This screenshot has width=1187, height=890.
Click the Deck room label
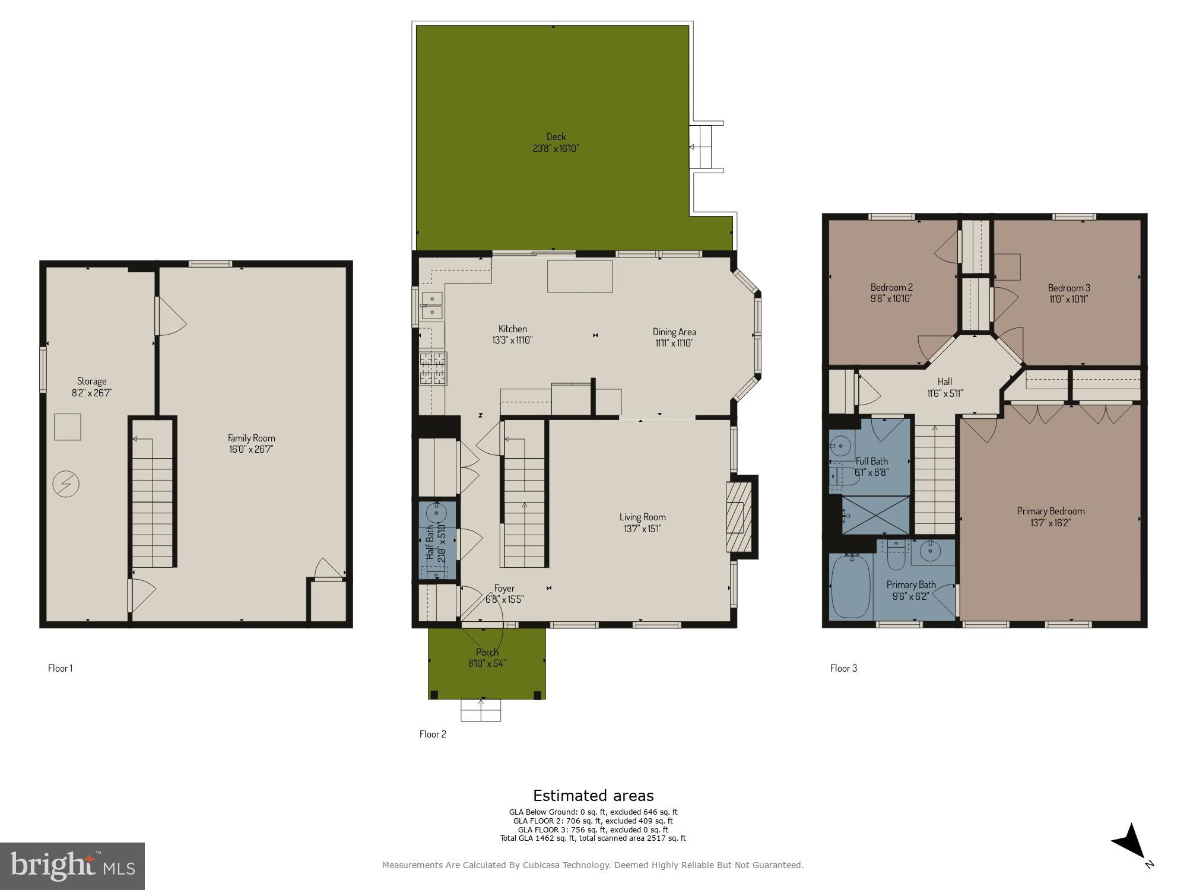556,136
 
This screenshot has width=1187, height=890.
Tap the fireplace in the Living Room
739,517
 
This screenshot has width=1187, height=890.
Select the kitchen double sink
431,305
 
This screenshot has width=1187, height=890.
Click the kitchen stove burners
433,369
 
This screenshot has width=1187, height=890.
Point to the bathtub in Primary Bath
851,586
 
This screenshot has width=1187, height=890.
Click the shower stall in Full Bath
875,514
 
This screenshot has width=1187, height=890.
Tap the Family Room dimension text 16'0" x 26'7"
251,449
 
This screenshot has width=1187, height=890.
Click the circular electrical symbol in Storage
66,484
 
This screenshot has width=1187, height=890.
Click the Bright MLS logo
72,866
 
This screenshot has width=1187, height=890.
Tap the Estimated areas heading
593,796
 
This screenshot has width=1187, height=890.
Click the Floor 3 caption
843,668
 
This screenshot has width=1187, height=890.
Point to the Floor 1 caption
60,668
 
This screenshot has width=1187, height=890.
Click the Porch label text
487,652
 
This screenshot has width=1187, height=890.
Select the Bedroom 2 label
891,288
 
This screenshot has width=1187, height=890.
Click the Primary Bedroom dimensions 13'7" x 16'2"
1050,523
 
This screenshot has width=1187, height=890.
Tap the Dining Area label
674,332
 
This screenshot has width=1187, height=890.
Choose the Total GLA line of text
593,838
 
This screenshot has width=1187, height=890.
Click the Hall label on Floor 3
944,382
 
